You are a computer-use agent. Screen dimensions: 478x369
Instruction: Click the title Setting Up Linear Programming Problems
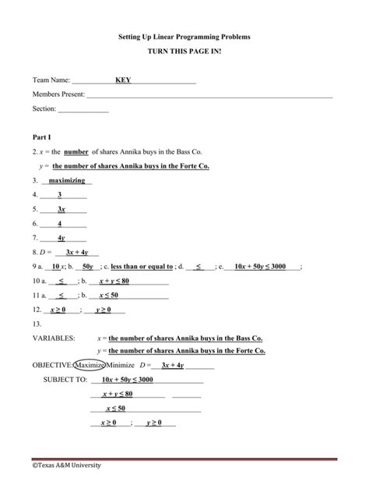coord(184,37)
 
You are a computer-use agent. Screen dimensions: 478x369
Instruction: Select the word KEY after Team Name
coord(123,80)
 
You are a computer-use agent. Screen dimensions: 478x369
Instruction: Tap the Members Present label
coord(58,94)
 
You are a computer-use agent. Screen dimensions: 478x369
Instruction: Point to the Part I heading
coord(41,136)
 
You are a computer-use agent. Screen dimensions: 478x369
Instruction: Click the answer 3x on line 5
coord(61,210)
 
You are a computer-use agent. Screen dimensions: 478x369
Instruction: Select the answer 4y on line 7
coord(61,238)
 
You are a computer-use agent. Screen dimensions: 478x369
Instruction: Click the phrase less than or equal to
coord(142,267)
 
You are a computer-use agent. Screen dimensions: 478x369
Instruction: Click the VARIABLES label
coord(54,339)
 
